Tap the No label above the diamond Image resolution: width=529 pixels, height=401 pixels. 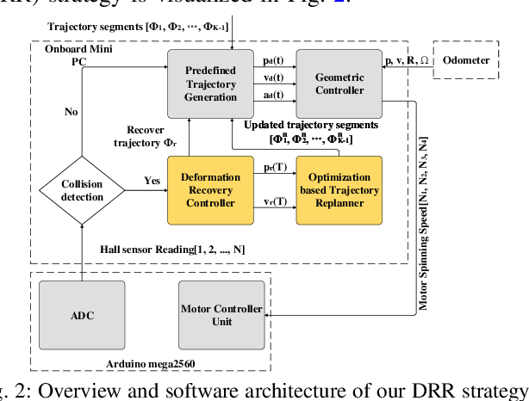[72, 112]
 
